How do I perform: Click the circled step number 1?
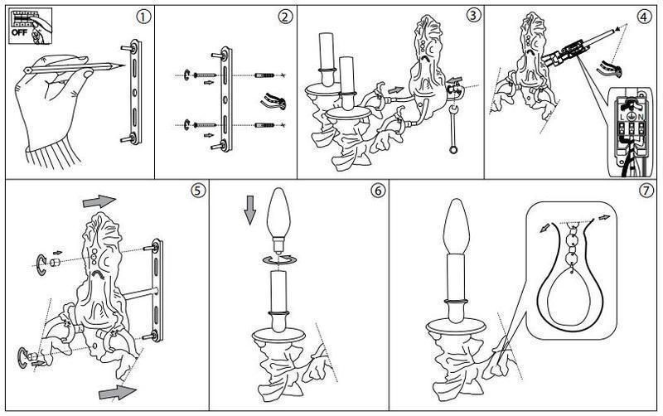(x=143, y=17)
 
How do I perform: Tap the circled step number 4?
(x=643, y=17)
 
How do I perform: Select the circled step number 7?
(x=646, y=191)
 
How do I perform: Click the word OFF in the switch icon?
(x=19, y=32)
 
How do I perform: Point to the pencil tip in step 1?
(x=124, y=65)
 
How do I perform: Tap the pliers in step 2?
(x=273, y=102)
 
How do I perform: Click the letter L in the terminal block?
(x=622, y=116)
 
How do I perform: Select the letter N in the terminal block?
(x=641, y=116)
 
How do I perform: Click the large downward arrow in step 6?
(x=250, y=210)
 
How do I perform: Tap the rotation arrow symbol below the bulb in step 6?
(x=279, y=260)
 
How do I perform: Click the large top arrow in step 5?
(x=99, y=201)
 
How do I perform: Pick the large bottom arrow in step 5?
(x=117, y=391)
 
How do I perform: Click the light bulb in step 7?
(x=455, y=227)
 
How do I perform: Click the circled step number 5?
(x=198, y=191)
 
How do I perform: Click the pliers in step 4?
(x=610, y=69)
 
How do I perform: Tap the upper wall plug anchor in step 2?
(x=265, y=75)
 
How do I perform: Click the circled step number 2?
(x=285, y=17)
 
